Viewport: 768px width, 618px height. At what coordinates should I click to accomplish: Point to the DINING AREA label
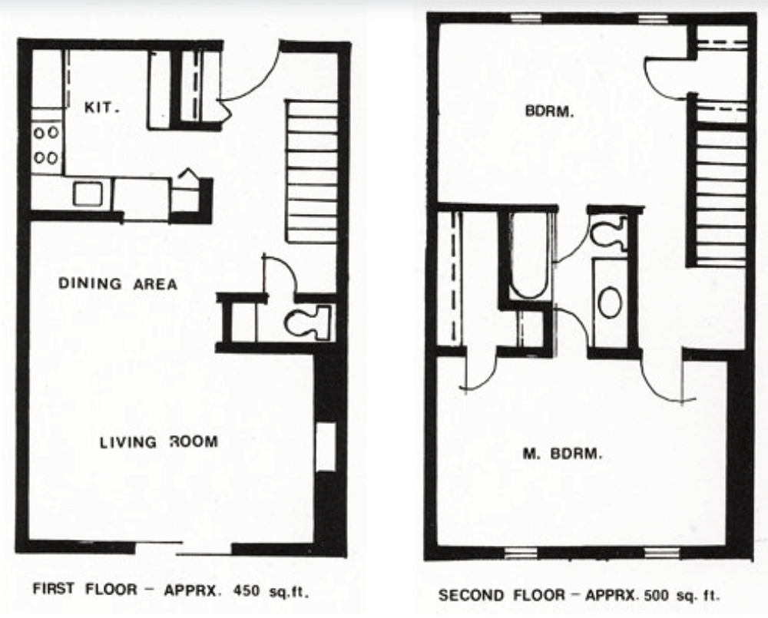pyautogui.click(x=118, y=284)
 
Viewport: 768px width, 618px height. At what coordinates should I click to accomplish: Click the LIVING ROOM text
pyautogui.click(x=158, y=442)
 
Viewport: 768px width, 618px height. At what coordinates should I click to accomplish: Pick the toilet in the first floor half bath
pyautogui.click(x=309, y=322)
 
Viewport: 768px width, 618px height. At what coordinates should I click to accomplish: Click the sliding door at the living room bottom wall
pyautogui.click(x=184, y=549)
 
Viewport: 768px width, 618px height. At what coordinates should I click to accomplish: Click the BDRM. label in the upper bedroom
pyautogui.click(x=549, y=111)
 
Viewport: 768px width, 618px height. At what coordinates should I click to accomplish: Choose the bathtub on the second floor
pyautogui.click(x=528, y=256)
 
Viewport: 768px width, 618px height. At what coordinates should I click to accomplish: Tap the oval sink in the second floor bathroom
pyautogui.click(x=610, y=302)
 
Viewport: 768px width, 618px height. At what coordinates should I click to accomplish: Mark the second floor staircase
pyautogui.click(x=721, y=196)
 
